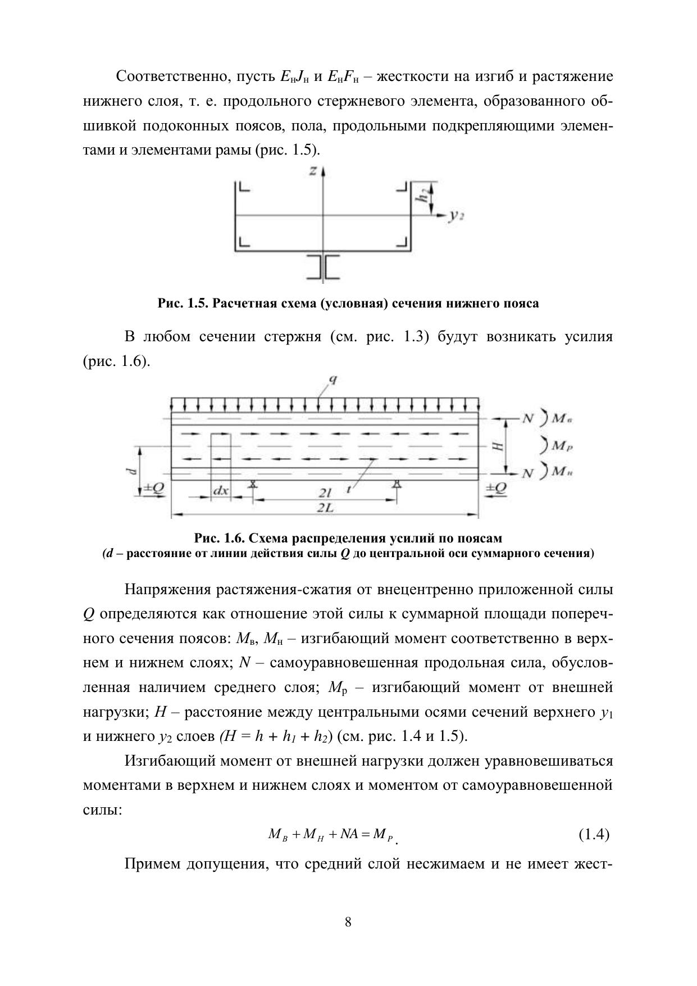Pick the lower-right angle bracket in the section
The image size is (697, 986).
[402, 242]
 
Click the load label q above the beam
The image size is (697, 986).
[332, 379]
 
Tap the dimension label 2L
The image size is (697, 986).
[324, 507]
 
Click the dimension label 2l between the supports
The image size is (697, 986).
[325, 493]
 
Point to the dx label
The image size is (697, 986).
[221, 491]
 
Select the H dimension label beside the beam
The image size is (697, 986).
[497, 446]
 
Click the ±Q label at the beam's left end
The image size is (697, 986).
[153, 489]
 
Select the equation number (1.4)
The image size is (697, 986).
[594, 834]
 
